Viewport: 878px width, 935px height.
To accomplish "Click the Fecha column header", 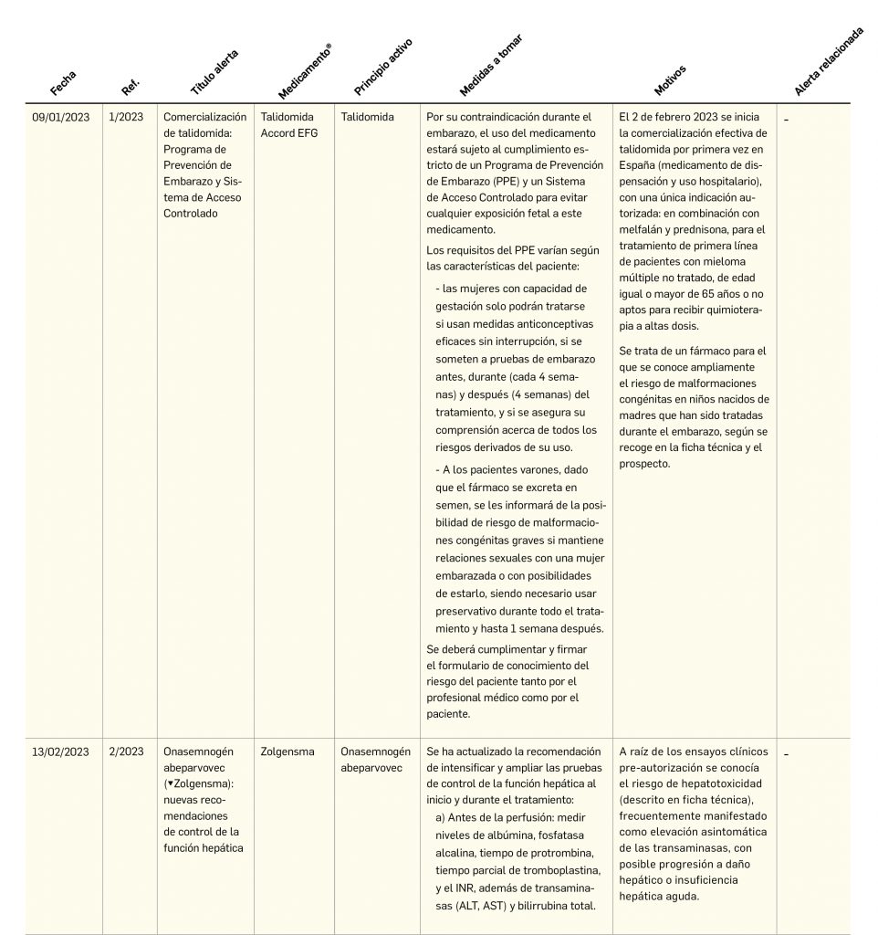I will (x=63, y=83).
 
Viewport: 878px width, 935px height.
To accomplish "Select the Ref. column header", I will (x=130, y=87).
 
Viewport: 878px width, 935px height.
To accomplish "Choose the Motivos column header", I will (x=670, y=80).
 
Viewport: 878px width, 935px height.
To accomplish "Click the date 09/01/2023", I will (x=61, y=118).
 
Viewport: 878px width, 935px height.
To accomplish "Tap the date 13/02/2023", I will (x=61, y=751).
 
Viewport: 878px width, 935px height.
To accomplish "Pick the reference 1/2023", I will (x=126, y=118).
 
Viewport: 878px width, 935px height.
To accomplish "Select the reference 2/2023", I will (x=126, y=751).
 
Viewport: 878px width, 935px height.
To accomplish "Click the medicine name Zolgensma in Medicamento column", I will (x=287, y=751).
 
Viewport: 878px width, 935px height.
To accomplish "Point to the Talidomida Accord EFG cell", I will (x=287, y=125).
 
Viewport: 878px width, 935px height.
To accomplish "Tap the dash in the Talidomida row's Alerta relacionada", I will (x=786, y=119).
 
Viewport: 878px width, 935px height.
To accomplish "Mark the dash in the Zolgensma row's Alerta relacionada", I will (x=786, y=753).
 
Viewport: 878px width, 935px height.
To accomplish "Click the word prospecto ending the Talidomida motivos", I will (x=644, y=463).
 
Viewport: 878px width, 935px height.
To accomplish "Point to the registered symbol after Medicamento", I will (x=328, y=47).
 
